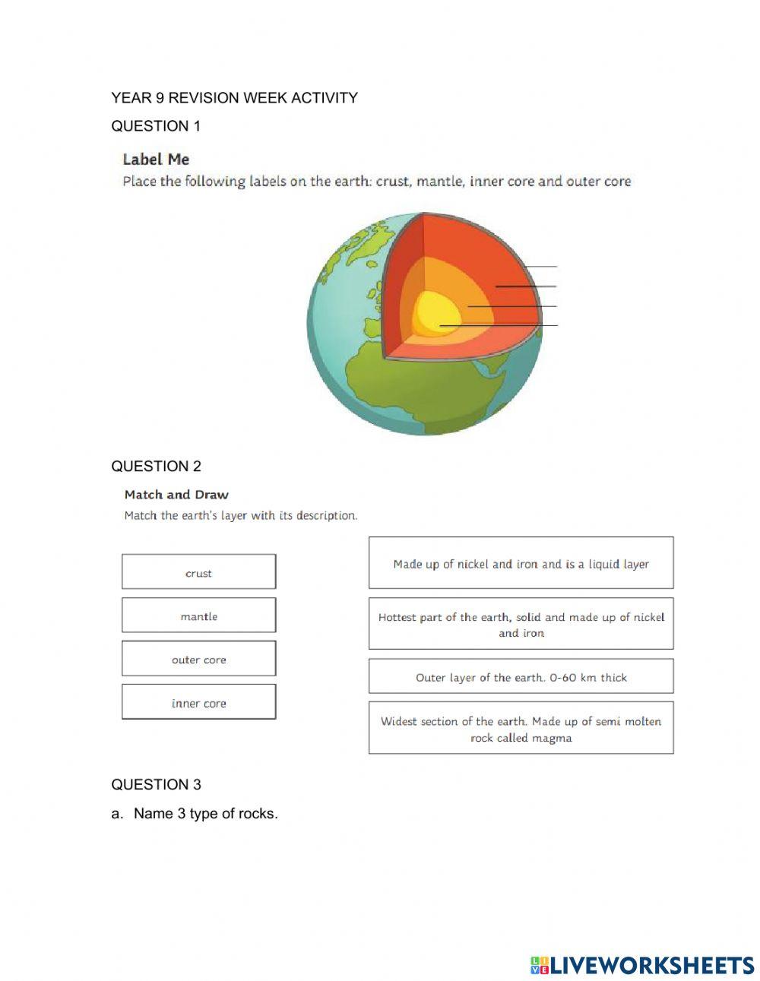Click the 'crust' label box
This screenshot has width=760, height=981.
coord(198,572)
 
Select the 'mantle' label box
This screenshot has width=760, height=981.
coord(198,615)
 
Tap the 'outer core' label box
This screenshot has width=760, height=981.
coord(198,659)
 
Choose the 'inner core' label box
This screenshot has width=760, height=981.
coord(198,702)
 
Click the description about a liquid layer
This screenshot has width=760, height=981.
coord(521,563)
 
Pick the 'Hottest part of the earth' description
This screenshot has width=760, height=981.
coord(521,624)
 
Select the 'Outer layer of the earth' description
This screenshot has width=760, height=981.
coord(521,676)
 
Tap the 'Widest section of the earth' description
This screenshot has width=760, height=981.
coord(521,729)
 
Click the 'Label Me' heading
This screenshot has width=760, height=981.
coord(156,160)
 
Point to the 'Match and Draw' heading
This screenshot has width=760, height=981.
coord(176,495)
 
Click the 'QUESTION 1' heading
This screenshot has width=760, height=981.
coord(156,126)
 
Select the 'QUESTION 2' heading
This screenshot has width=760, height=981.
coord(156,467)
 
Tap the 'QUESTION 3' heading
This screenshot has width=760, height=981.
coord(156,785)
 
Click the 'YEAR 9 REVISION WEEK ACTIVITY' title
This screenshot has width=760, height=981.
coord(234,98)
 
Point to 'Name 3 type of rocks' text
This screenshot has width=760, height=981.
coord(205,814)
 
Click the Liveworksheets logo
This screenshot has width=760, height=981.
coord(642,965)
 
